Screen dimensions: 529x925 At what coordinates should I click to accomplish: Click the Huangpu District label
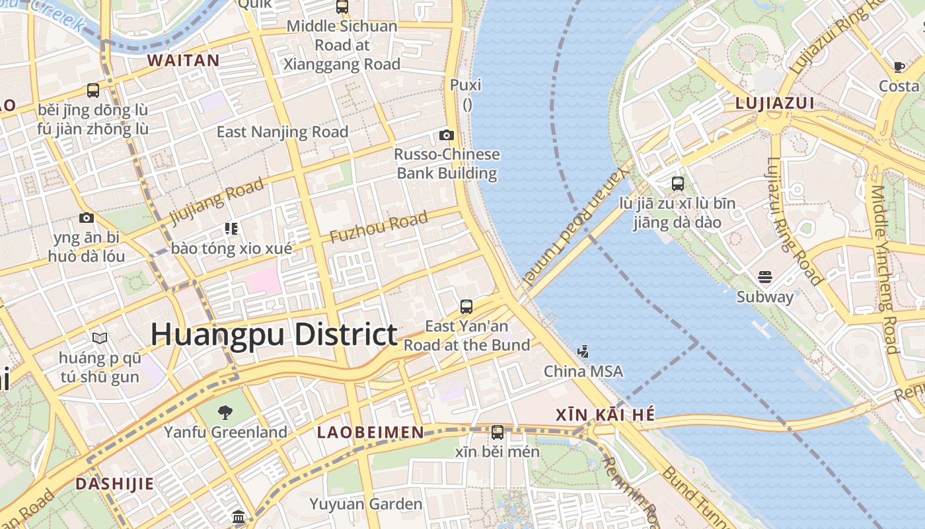274,335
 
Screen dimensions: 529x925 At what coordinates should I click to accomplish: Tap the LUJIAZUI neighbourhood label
774,104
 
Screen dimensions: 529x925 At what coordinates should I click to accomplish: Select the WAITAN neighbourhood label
183,60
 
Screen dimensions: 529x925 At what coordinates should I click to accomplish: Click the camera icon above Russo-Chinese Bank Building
447,136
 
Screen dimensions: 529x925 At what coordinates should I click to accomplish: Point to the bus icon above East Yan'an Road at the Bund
466,307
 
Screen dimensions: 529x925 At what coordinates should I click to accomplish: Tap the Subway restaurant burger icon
765,276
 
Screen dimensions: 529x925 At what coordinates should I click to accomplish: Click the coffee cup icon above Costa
899,67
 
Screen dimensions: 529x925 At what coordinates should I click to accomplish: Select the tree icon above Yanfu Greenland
225,413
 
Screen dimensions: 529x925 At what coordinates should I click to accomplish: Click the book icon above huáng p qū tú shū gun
100,339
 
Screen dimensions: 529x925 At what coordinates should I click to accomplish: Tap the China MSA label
583,372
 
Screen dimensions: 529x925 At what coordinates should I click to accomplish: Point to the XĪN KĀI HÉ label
605,415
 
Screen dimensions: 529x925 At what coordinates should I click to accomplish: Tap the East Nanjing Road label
282,132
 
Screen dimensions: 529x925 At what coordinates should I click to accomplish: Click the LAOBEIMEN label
370,432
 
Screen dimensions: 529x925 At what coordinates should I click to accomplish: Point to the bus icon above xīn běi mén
498,432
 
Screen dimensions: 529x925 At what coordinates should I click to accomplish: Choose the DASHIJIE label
114,483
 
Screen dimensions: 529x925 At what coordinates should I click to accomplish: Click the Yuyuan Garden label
365,504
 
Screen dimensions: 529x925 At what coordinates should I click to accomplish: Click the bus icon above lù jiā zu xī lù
678,184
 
